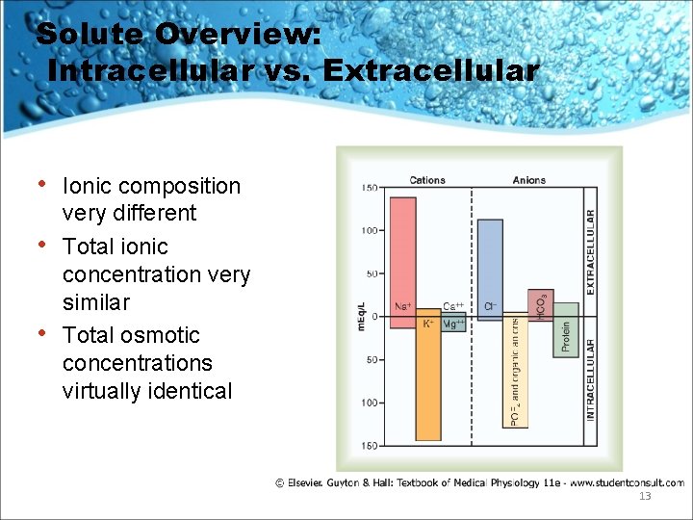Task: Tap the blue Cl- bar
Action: point(490,264)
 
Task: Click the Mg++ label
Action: point(453,325)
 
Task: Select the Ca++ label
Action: point(453,305)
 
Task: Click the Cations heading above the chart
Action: point(427,180)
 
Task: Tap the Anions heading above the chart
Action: point(528,180)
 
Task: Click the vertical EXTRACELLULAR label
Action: point(591,252)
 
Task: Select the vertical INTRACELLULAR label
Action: point(591,379)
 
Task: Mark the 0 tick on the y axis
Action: point(374,316)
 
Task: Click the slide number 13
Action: point(644,496)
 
